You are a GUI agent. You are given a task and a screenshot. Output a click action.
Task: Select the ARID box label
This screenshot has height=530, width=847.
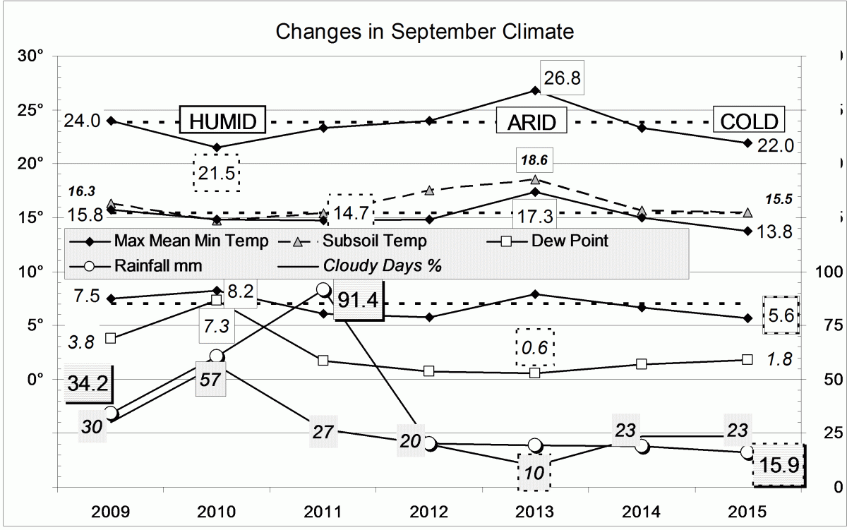[x=531, y=121]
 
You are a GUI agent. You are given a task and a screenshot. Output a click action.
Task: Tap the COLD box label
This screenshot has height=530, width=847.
[x=749, y=121]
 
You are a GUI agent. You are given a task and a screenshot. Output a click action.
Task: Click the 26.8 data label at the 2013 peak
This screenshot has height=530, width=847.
[x=563, y=78]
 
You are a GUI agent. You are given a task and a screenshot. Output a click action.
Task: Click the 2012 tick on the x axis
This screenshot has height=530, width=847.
[x=428, y=510]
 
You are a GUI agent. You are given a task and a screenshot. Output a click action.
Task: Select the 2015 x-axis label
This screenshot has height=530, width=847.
[x=747, y=510]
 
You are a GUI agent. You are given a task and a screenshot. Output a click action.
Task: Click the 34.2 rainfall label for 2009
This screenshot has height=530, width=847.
[x=88, y=385]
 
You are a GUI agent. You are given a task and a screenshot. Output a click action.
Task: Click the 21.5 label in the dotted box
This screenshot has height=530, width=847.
[x=217, y=172]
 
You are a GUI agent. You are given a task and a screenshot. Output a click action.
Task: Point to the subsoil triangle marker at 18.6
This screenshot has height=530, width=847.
[x=535, y=179]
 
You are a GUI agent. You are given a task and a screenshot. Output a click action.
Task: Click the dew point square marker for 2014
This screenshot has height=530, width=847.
[x=641, y=364]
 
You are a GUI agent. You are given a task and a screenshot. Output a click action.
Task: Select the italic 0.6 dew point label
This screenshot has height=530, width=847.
[x=535, y=347]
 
